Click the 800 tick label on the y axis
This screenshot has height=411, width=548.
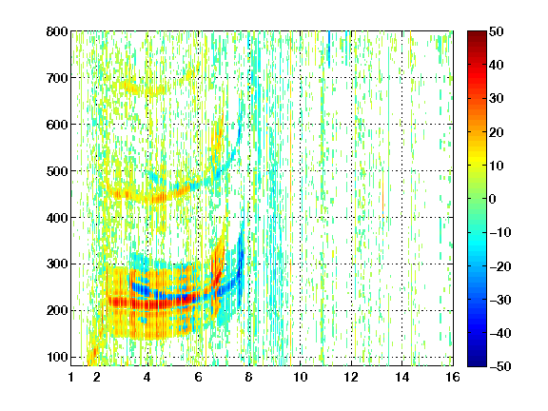[x=57, y=31]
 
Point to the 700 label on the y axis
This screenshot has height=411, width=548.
[x=57, y=78]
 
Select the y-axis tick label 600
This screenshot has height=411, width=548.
[x=57, y=125]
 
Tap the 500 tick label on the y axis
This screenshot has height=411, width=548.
[x=57, y=171]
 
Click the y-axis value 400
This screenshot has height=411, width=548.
[x=57, y=218]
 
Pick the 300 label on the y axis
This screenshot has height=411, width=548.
[x=57, y=264]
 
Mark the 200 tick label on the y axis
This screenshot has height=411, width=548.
[x=57, y=311]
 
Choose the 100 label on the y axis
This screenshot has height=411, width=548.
[x=57, y=357]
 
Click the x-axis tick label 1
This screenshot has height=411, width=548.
[x=71, y=377]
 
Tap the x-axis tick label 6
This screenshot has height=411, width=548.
[x=198, y=377]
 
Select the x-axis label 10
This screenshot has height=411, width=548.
[x=301, y=377]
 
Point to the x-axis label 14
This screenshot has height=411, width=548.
[x=402, y=377]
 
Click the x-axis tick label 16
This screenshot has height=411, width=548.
[x=453, y=377]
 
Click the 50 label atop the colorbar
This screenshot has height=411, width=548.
[x=497, y=31]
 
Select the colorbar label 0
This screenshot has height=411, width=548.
[x=493, y=199]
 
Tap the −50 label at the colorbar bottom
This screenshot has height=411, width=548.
[x=500, y=366]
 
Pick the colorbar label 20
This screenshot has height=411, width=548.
[x=497, y=132]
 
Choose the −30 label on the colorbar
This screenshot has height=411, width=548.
[x=500, y=300]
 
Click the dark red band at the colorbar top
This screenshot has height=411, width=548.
[x=477, y=38]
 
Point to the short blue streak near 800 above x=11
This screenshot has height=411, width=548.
[x=329, y=49]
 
